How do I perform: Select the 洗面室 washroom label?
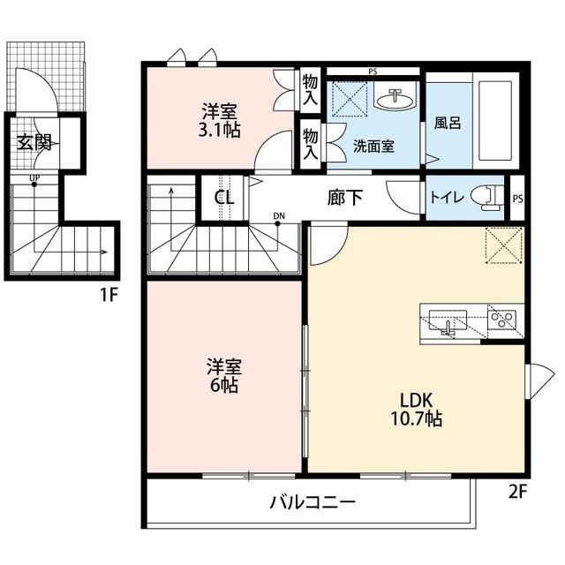pyautogui.click(x=374, y=146)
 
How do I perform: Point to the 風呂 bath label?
pyautogui.click(x=448, y=124)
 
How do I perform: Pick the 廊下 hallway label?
pyautogui.click(x=344, y=197)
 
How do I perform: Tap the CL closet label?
pyautogui.click(x=224, y=197)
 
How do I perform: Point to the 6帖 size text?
pyautogui.click(x=223, y=385)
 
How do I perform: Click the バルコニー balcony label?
pyautogui.click(x=312, y=503)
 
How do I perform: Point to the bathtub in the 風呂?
pyautogui.click(x=494, y=124)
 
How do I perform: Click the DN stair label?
pyautogui.click(x=279, y=215)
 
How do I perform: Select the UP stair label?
pyautogui.click(x=34, y=182)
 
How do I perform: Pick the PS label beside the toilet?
pyautogui.click(x=517, y=198)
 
